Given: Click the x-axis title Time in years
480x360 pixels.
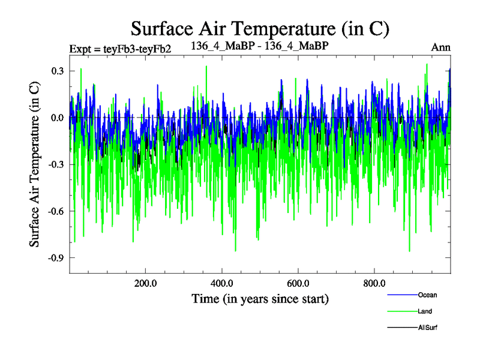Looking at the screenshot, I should [260, 299].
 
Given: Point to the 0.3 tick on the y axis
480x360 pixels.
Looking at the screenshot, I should [58, 71].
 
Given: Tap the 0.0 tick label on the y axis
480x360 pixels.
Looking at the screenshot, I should [58, 118].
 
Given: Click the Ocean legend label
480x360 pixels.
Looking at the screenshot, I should [427, 295].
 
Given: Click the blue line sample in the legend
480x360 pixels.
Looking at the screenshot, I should [402, 295].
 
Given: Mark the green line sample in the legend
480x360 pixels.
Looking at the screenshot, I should [402, 311].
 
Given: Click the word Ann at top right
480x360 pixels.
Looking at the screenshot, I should [441, 47].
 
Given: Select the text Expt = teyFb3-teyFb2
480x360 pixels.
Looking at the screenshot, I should [121, 49].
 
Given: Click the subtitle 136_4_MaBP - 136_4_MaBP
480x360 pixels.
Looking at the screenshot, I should [259, 46].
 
